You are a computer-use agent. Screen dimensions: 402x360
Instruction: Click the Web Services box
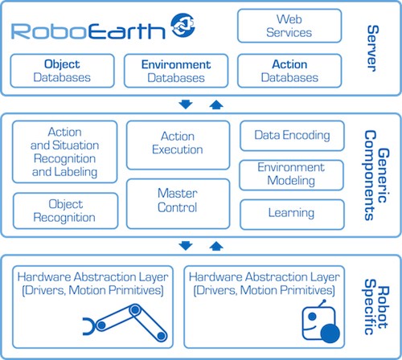(x=289, y=26)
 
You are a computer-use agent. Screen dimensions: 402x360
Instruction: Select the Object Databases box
(x=62, y=71)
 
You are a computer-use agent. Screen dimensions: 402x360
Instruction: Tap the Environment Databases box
(x=176, y=71)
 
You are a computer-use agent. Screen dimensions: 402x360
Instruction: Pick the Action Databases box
(x=289, y=71)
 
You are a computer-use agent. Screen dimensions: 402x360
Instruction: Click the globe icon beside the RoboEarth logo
(x=183, y=25)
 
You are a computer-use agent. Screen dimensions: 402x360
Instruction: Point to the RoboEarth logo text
(x=88, y=31)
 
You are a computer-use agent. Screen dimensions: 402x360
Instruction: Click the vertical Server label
(x=373, y=48)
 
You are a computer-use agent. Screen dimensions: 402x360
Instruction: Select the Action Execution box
(x=178, y=145)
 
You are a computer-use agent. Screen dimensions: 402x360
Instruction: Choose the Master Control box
(x=178, y=203)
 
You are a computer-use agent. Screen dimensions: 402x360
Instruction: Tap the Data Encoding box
(x=292, y=136)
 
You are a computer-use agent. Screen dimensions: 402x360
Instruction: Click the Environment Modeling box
(x=291, y=175)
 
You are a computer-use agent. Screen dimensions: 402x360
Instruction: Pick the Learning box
(x=292, y=215)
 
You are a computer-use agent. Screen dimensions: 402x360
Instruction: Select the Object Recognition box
(x=65, y=211)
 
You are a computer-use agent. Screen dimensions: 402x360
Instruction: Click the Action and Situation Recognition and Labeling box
(x=65, y=152)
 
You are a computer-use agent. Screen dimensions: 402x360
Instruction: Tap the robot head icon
(x=321, y=321)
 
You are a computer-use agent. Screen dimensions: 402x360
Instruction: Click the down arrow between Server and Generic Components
(x=186, y=104)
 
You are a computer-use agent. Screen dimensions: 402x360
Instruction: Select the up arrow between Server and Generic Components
(x=216, y=104)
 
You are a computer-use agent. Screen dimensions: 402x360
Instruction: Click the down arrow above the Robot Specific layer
(x=186, y=246)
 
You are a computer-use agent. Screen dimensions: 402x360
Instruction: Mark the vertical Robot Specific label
(x=375, y=307)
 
